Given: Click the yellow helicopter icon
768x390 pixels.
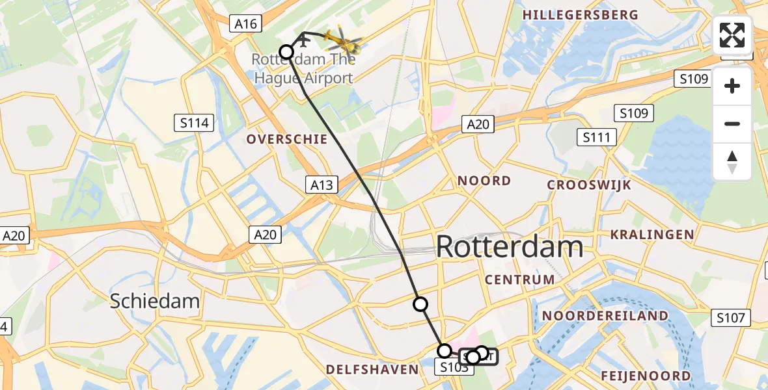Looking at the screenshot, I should click(x=342, y=43).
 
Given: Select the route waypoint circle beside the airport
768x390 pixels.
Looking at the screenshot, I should click(x=286, y=51).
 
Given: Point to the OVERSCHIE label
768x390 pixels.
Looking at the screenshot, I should click(x=278, y=139).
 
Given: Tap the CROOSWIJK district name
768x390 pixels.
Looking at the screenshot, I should click(x=589, y=185).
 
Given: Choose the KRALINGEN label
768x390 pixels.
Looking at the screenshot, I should click(x=651, y=234).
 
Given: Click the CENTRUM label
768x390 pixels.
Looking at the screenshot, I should click(x=520, y=279).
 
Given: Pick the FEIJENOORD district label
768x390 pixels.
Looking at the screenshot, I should click(x=646, y=376).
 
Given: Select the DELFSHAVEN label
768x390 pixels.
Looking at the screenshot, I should click(x=372, y=369).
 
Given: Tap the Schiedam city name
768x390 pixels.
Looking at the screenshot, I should click(x=154, y=301).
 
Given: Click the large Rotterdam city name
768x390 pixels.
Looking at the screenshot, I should click(x=510, y=247).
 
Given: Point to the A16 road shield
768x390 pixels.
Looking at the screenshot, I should click(x=246, y=24).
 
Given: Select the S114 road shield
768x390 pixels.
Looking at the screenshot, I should click(x=195, y=122).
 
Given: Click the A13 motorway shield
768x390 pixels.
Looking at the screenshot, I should click(x=322, y=185).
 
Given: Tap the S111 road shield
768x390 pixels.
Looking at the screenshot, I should click(x=597, y=137).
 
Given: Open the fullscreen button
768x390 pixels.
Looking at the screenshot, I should click(x=732, y=35).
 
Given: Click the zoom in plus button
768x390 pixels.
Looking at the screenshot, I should click(x=732, y=86).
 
